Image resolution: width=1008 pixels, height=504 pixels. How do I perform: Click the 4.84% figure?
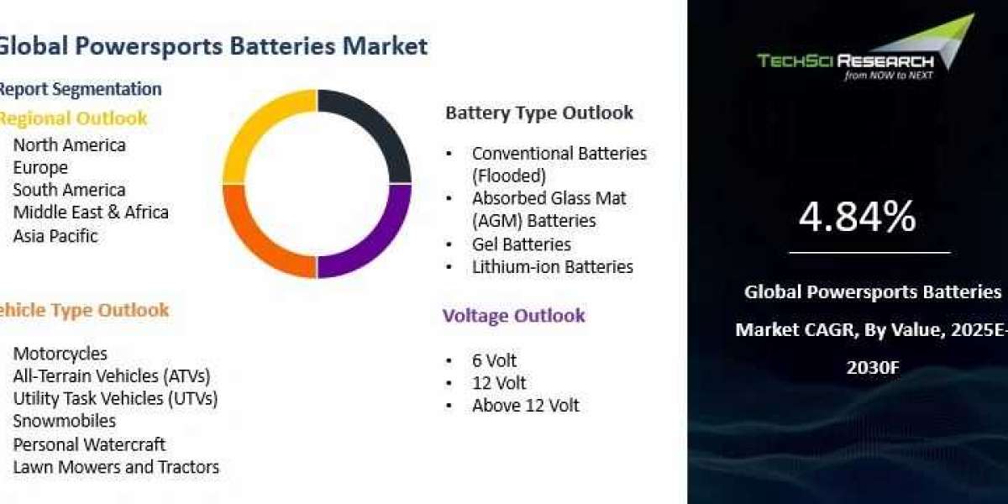(x=858, y=217)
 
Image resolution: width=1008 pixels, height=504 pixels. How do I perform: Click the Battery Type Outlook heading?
(x=539, y=113)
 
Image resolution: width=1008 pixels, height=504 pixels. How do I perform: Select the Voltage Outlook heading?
(x=513, y=316)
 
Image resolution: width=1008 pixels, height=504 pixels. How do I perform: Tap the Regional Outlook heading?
(x=73, y=118)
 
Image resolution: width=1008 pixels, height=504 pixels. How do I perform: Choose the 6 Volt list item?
(x=494, y=360)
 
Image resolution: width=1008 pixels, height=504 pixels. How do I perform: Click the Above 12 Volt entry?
(x=525, y=406)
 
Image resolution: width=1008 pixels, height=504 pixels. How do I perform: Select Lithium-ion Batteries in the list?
(x=552, y=267)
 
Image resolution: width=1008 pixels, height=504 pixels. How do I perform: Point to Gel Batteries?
(x=521, y=244)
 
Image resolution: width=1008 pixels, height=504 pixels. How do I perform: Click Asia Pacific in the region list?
(x=55, y=236)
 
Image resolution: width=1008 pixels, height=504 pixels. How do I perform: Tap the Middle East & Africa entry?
(x=91, y=213)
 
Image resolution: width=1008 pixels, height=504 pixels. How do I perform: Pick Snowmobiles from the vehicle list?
(x=65, y=421)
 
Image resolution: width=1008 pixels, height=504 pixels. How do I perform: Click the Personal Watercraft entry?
(x=89, y=445)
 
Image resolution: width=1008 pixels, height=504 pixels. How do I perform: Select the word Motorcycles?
(x=60, y=354)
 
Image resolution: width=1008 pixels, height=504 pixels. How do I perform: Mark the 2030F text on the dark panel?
(x=873, y=368)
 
